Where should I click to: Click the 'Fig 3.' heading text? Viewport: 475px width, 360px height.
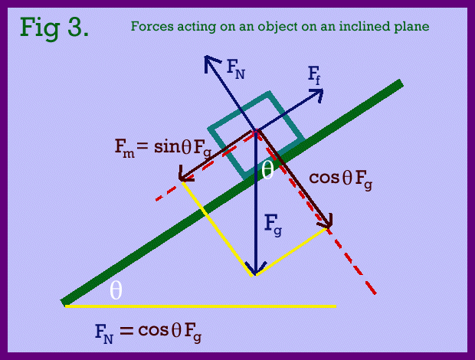pyautogui.click(x=54, y=28)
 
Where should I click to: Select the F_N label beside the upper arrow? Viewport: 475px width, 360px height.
pyautogui.click(x=236, y=69)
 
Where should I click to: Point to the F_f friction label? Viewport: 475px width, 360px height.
pyautogui.click(x=314, y=75)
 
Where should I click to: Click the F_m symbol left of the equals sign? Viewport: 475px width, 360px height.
pyautogui.click(x=124, y=149)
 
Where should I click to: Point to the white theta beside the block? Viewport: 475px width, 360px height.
pyautogui.click(x=267, y=170)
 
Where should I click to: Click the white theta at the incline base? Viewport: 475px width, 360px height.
pyautogui.click(x=116, y=290)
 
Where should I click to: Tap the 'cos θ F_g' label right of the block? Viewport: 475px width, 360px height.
pyautogui.click(x=340, y=180)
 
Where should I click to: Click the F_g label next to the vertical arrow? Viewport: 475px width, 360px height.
pyautogui.click(x=273, y=225)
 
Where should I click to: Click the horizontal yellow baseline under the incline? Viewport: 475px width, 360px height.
pyautogui.click(x=201, y=306)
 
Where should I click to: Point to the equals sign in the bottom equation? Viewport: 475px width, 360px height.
pyautogui.click(x=126, y=331)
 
